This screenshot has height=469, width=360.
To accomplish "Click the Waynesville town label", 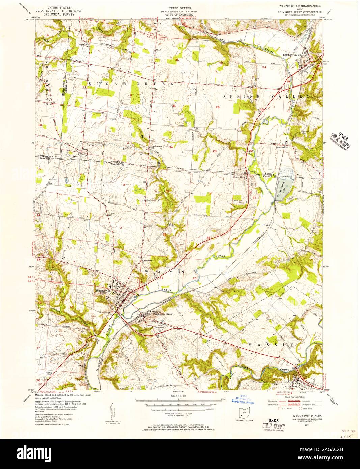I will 103,290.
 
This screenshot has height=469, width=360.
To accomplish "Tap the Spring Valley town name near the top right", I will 292,54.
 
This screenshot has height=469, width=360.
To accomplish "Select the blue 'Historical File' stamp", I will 241,400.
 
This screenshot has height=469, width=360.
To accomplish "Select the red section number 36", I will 177,60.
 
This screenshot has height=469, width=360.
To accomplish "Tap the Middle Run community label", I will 157,147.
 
